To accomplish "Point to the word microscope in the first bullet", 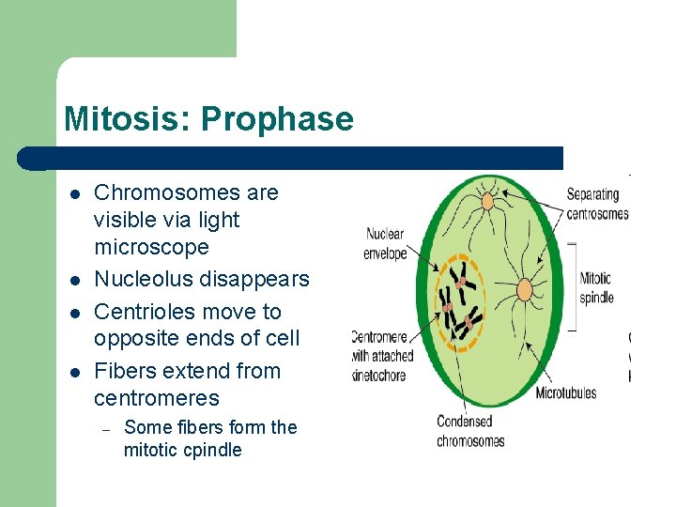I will click(x=151, y=247).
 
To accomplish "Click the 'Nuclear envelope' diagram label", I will click(x=385, y=244).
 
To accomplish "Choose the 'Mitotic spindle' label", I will click(x=595, y=287).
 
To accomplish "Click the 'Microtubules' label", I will click(x=565, y=393).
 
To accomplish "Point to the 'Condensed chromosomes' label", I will click(x=470, y=431).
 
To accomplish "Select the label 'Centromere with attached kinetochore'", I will click(x=382, y=355).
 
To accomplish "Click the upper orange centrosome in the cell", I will click(x=487, y=200).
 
